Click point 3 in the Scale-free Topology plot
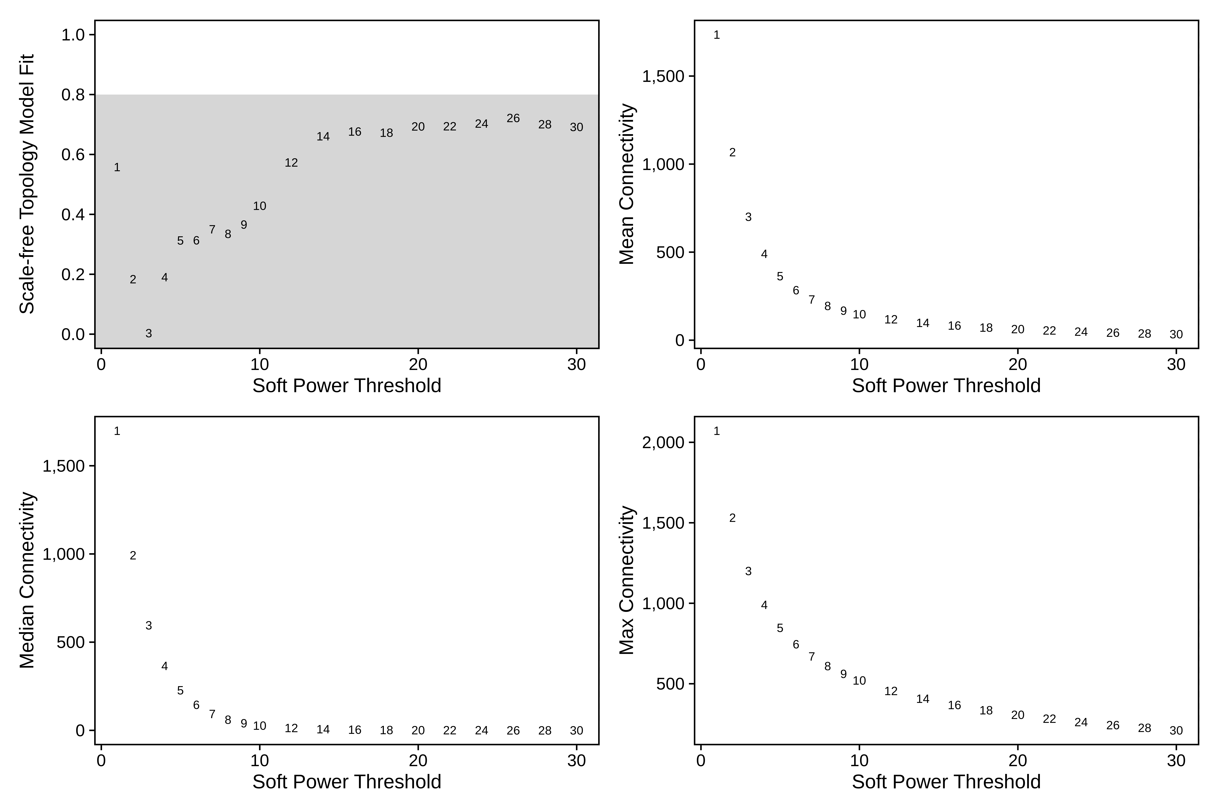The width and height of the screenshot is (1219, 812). click(x=149, y=333)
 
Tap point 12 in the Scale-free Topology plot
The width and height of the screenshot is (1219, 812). click(x=291, y=163)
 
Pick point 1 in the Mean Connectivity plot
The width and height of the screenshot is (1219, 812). click(x=717, y=35)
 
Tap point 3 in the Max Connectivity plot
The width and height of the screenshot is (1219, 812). click(x=748, y=571)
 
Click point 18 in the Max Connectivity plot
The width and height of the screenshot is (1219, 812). click(x=986, y=710)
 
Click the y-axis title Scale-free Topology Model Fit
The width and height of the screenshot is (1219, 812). click(x=27, y=184)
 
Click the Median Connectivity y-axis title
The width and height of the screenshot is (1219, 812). click(x=27, y=580)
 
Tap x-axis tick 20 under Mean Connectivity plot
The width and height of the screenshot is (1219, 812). click(x=1017, y=365)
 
